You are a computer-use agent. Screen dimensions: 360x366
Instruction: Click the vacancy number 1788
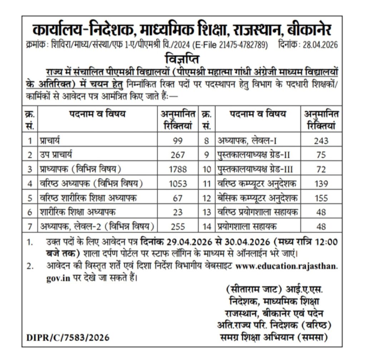[x=178, y=169]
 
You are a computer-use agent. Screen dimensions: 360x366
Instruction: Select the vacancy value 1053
[x=178, y=183]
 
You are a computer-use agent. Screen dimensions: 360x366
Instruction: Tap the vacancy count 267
[x=178, y=155]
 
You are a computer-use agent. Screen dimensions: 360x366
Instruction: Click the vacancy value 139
[x=321, y=183]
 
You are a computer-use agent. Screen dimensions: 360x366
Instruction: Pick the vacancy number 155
[x=321, y=198]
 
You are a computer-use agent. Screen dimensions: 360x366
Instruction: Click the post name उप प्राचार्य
[x=58, y=155]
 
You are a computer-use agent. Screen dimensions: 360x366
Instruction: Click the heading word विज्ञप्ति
[x=182, y=57]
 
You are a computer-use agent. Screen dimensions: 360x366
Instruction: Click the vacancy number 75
[x=321, y=155]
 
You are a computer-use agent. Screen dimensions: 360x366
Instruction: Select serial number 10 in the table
[x=207, y=169]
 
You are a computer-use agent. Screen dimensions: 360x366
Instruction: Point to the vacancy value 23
[x=178, y=212]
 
